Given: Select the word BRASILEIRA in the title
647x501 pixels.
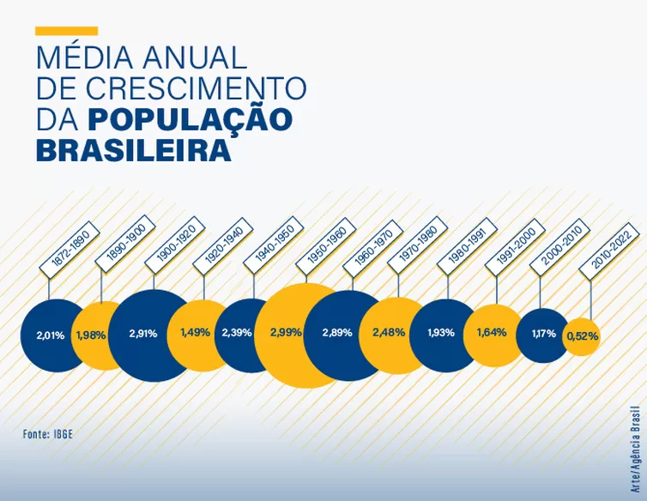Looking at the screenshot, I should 133,150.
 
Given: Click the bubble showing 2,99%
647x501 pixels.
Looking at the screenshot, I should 286,333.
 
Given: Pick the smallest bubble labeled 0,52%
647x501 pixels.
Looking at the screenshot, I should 582,336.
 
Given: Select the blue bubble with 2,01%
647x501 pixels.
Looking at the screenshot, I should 51,335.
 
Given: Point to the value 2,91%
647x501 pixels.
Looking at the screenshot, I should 143,334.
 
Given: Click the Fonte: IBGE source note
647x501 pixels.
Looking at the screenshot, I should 48,434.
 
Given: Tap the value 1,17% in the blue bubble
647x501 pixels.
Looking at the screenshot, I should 543,334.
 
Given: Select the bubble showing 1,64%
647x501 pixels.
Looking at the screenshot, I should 492,333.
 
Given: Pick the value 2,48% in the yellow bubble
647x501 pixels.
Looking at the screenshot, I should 389,333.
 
